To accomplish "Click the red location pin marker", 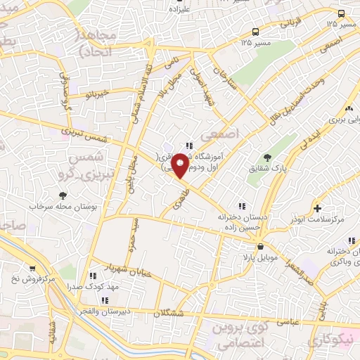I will (x=180, y=164).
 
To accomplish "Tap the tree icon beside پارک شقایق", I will (x=266, y=157).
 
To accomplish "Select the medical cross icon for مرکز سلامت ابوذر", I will (x=317, y=209).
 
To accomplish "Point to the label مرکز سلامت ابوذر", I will (x=317, y=220).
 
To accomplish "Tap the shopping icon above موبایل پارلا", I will (x=261, y=247).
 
